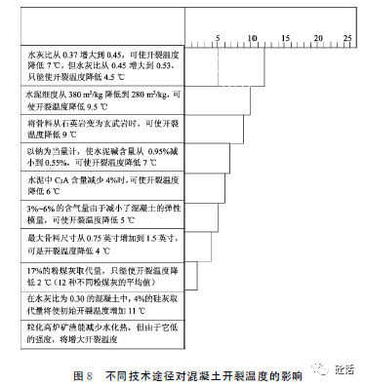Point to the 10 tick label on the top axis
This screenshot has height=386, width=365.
point(253,39)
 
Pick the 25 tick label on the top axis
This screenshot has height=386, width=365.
point(345,39)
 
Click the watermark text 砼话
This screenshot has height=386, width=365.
point(344,368)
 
